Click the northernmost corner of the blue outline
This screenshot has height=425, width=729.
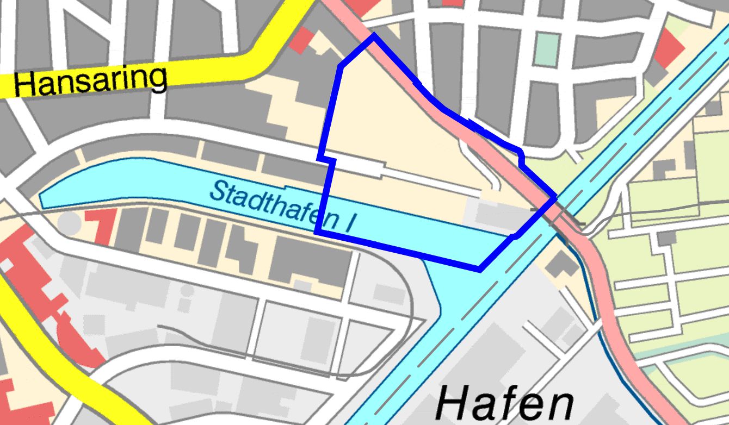[x=374, y=35]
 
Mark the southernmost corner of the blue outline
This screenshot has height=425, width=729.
[x=479, y=269]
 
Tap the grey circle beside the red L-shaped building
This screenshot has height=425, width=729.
[x=69, y=223]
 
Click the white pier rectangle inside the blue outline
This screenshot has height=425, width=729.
[x=360, y=166]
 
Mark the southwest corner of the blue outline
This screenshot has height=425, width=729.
[x=317, y=232]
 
